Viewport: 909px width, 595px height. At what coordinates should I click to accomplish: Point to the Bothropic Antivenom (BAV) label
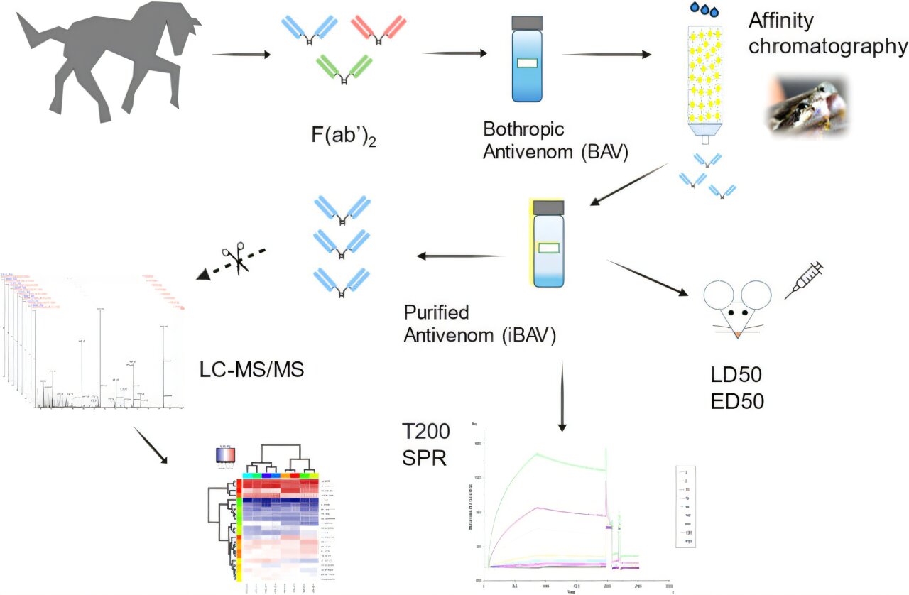coord(555,141)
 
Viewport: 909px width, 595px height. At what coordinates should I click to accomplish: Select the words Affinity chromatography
coord(827,33)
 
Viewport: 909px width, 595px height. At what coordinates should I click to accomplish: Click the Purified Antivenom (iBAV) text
coord(479,324)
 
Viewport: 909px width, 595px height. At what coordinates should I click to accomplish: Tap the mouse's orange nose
coord(738,332)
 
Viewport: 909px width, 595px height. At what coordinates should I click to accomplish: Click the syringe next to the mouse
coord(804,280)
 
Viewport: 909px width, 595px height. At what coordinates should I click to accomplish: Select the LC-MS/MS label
coord(253,368)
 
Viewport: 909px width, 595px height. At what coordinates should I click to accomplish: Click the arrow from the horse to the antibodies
coord(241,54)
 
